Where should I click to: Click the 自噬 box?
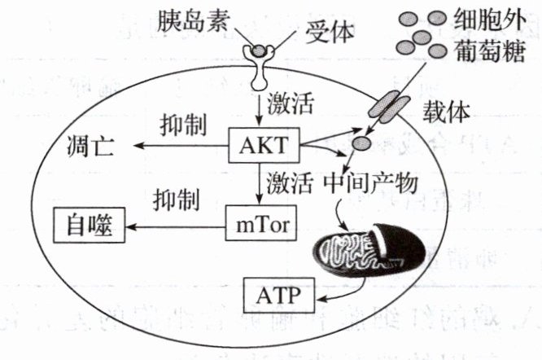89,220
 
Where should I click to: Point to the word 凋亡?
92,147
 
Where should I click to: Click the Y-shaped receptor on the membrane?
258,65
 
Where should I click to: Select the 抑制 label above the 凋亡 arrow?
181,124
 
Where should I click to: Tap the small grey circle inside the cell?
360,143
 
